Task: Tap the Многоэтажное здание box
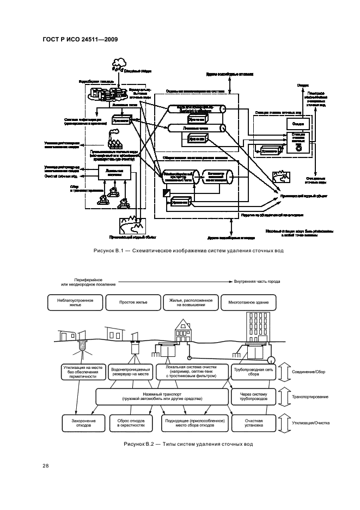[248, 302]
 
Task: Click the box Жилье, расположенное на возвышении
[190, 302]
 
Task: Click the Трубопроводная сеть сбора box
[253, 372]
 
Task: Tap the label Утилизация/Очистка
[312, 423]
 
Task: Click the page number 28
[46, 465]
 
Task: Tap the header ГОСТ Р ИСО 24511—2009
[80, 39]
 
